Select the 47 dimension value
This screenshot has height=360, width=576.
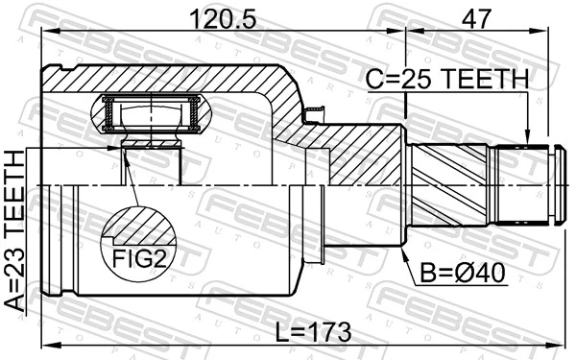click(x=473, y=17)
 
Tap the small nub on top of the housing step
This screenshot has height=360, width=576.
click(x=312, y=115)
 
